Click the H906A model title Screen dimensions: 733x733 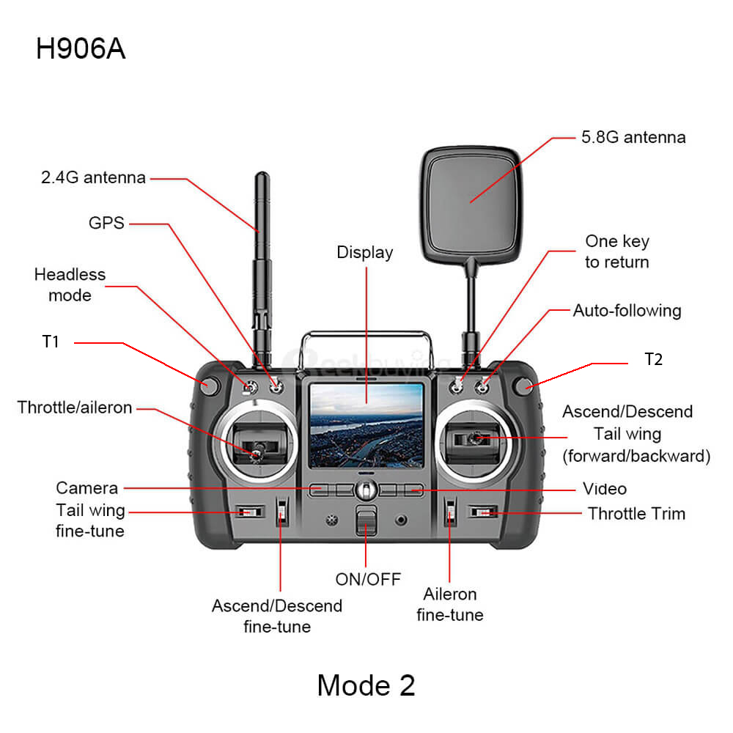click(x=81, y=48)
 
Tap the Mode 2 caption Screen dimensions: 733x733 click(x=366, y=685)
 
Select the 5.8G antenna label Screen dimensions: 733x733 click(x=633, y=137)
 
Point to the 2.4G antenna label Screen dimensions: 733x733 click(x=94, y=177)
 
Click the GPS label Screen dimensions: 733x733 click(x=106, y=223)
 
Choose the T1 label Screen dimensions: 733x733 click(x=51, y=342)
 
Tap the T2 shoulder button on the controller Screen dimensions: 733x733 click(x=522, y=386)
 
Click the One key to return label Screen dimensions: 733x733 click(x=617, y=251)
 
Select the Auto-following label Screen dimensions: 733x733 click(x=627, y=310)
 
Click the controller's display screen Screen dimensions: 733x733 click(x=366, y=425)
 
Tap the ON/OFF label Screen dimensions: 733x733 click(x=368, y=580)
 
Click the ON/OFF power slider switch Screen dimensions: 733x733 click(x=366, y=520)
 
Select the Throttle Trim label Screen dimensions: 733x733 click(x=637, y=514)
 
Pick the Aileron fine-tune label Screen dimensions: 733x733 click(x=450, y=605)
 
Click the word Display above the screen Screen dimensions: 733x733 click(x=365, y=252)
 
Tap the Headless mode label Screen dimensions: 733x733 click(x=70, y=284)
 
